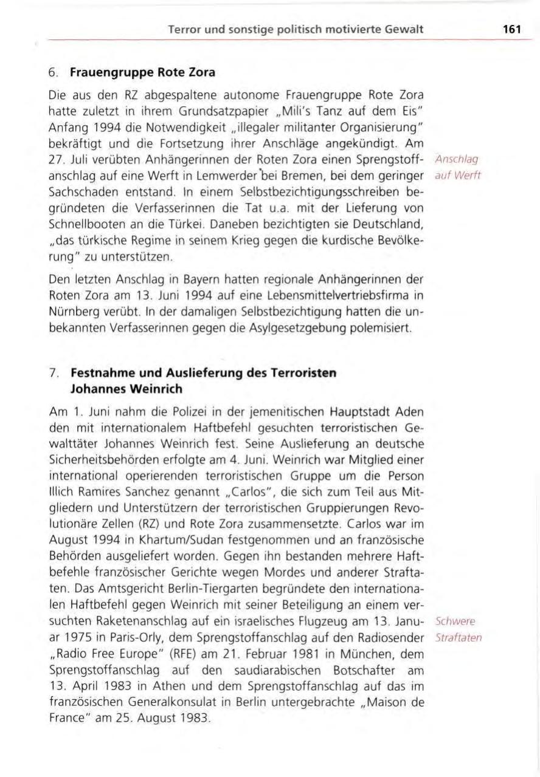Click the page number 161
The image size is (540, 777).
pos(511,29)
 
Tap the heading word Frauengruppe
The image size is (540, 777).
pos(105,74)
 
